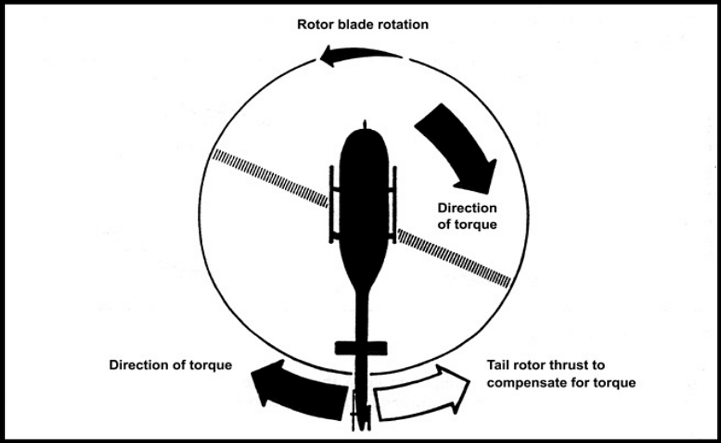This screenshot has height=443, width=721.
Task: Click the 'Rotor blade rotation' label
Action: tap(363, 25)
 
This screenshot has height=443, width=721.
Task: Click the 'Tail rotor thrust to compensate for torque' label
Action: tap(561, 373)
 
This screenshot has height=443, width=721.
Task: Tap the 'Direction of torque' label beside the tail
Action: tap(171, 365)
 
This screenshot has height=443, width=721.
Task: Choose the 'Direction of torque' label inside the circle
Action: tap(467, 216)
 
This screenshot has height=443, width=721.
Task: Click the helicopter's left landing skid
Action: tap(332, 204)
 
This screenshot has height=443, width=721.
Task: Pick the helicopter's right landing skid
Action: tap(395, 204)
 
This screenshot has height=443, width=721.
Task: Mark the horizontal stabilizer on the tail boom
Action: tap(360, 347)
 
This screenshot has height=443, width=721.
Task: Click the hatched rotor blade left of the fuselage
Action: tap(270, 178)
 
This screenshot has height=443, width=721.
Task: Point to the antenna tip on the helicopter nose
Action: tap(364, 124)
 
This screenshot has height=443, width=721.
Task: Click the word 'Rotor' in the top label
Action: tap(314, 25)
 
